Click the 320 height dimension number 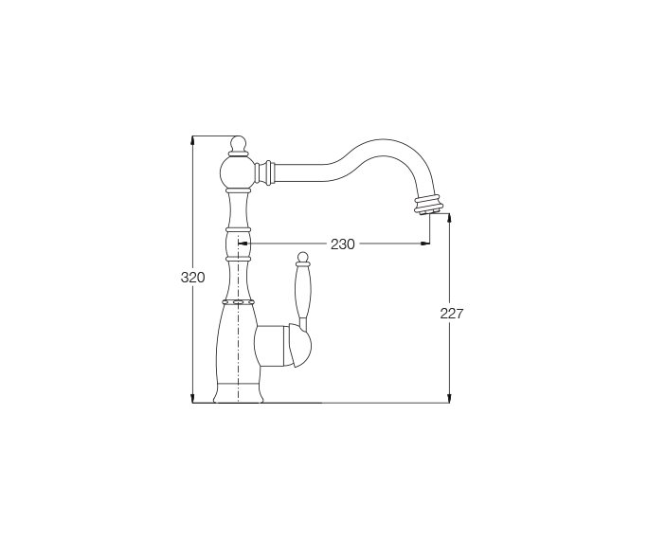coord(192,277)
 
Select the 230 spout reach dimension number coord(343,244)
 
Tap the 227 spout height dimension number coord(452,314)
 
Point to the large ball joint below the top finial coord(238,172)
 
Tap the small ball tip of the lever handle coord(303,257)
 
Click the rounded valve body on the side coord(283,346)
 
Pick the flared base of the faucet coord(238,392)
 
